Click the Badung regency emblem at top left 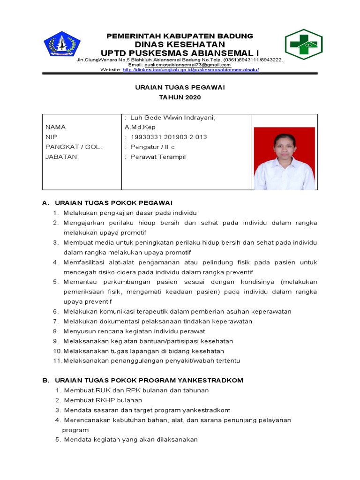coord(62,44)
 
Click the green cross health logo coord(303,45)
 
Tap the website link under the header coord(190,70)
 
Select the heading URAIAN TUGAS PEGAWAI coord(180,87)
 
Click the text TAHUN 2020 coord(180,97)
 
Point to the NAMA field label coord(55,127)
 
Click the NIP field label coord(51,137)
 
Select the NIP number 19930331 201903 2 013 coord(168,137)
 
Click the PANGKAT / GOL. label coord(74,147)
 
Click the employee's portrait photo coord(284,158)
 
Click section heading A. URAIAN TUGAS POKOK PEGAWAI coord(113,202)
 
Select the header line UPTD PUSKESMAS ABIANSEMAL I coord(180,52)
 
